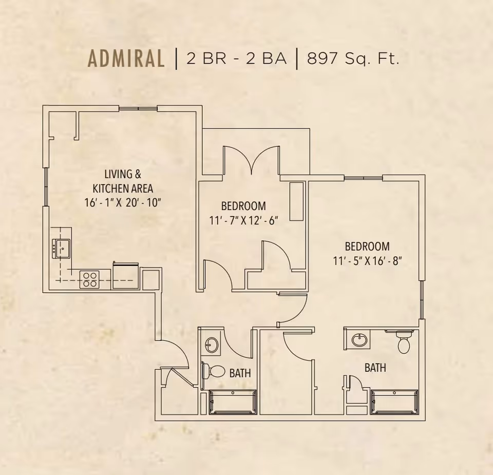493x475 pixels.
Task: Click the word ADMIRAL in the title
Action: pyautogui.click(x=126, y=58)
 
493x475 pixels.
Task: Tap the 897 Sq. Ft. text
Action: pyautogui.click(x=353, y=59)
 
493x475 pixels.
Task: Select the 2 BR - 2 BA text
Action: pyautogui.click(x=236, y=59)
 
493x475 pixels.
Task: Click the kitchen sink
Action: pyautogui.click(x=61, y=249)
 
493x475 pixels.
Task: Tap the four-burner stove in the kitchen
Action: pyautogui.click(x=89, y=279)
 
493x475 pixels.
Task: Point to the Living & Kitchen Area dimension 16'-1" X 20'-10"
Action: pyautogui.click(x=123, y=202)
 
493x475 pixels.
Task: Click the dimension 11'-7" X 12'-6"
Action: pyautogui.click(x=244, y=221)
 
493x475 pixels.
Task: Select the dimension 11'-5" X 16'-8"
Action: pyautogui.click(x=368, y=260)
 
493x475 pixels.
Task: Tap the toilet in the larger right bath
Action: pyautogui.click(x=404, y=343)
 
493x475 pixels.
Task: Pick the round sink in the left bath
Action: pyautogui.click(x=211, y=345)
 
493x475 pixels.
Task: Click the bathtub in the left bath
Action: pyautogui.click(x=233, y=402)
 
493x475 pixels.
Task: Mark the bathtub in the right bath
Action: pyautogui.click(x=394, y=402)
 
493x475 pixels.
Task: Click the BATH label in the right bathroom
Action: pyautogui.click(x=375, y=368)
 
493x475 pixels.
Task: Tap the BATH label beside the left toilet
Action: pyautogui.click(x=240, y=373)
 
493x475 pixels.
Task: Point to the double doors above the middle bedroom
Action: pyautogui.click(x=251, y=160)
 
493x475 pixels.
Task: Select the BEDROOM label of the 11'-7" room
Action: pyautogui.click(x=243, y=206)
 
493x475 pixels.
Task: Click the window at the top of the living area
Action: pyautogui.click(x=138, y=108)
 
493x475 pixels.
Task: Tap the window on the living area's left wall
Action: pyautogui.click(x=46, y=187)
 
